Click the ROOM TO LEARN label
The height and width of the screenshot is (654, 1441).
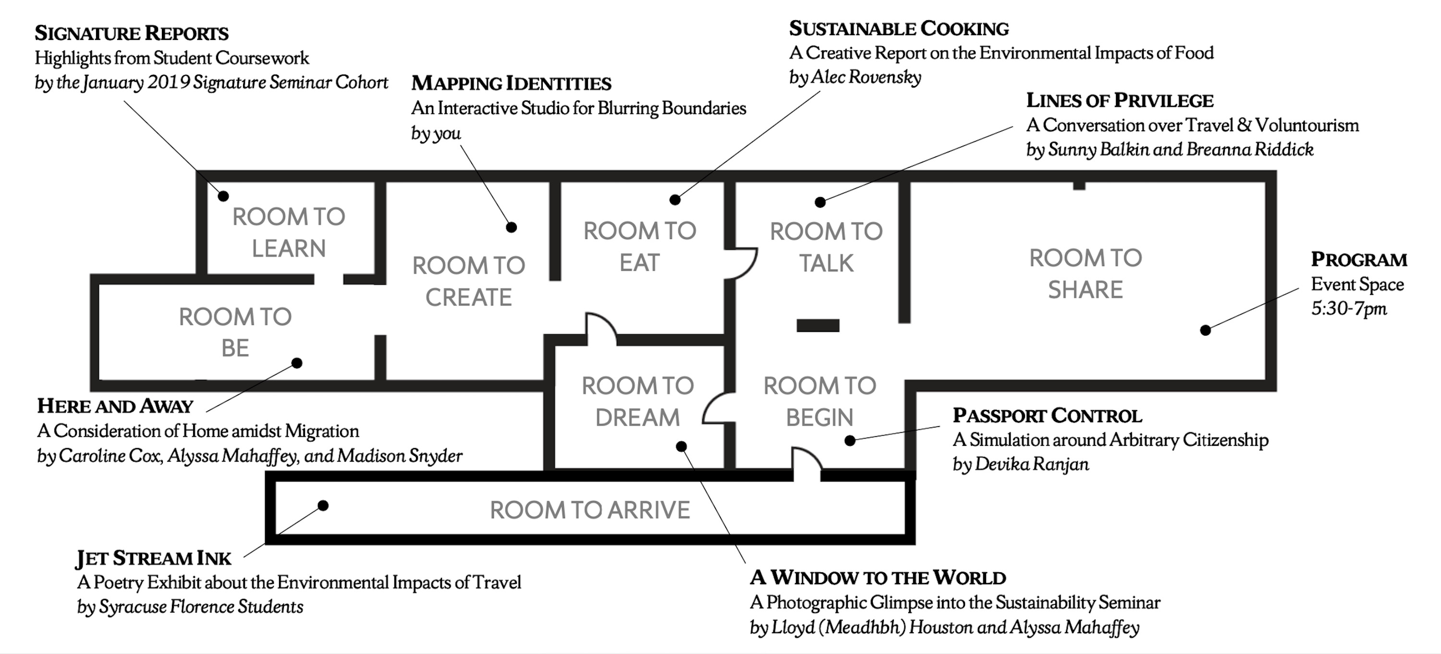(x=289, y=232)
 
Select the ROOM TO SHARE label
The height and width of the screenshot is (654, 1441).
(x=1085, y=274)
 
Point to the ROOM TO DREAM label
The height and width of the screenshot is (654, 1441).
(x=638, y=402)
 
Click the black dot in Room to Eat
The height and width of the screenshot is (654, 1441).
(x=675, y=200)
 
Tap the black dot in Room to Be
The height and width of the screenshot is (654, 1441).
(x=297, y=363)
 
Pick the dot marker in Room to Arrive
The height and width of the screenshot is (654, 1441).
(x=323, y=505)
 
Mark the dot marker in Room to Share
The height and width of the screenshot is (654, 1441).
(x=1206, y=330)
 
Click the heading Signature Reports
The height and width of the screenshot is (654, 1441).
(x=132, y=33)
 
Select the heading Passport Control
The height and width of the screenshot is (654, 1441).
(x=1047, y=415)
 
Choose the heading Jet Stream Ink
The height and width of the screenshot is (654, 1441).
(x=154, y=558)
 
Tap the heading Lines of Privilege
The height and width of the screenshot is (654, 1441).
(x=1120, y=100)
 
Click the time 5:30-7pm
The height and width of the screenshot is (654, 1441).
(x=1349, y=309)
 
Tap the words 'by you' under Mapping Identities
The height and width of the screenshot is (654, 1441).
(x=436, y=133)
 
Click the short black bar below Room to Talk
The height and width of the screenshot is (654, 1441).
(x=818, y=326)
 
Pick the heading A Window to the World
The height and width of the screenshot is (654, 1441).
(x=878, y=577)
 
